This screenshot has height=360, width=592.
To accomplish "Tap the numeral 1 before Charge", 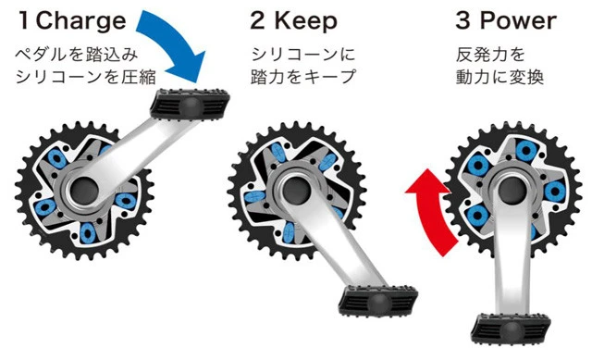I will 23,19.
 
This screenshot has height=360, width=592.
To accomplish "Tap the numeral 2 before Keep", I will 258,19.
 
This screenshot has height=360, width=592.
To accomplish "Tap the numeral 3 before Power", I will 464,19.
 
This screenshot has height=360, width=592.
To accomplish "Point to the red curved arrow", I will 428,208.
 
